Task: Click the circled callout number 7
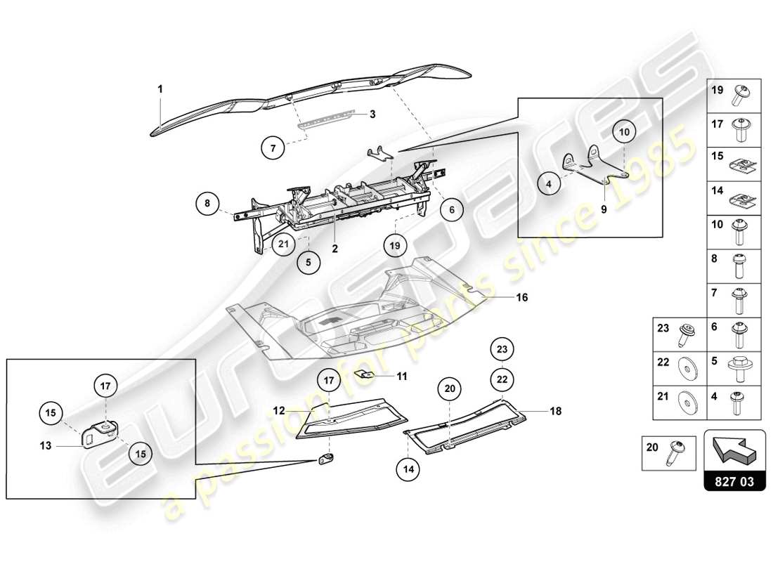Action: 273,148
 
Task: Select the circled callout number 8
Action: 208,204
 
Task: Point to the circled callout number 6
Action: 452,209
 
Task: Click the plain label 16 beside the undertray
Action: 522,297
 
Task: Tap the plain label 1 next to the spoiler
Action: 160,89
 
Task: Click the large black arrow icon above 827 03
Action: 734,452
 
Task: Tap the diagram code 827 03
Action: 734,483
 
